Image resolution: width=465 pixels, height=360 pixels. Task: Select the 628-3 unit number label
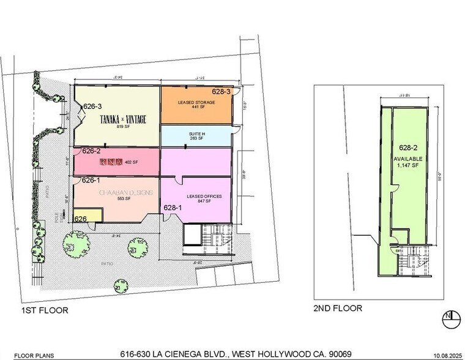coord(221,92)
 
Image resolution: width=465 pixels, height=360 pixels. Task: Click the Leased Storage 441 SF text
coord(196,105)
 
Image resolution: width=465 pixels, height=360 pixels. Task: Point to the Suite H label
coord(196,136)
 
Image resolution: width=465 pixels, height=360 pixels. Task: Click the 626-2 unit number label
coord(91,151)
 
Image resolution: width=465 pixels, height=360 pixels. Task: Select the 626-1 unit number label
coord(91,180)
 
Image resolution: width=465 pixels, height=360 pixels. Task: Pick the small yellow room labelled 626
coord(81,219)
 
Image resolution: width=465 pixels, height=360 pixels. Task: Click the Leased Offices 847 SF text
coord(195,199)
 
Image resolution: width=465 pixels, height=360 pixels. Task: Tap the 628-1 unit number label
coord(172,208)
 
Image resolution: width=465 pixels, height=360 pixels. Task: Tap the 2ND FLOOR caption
coord(338,309)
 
